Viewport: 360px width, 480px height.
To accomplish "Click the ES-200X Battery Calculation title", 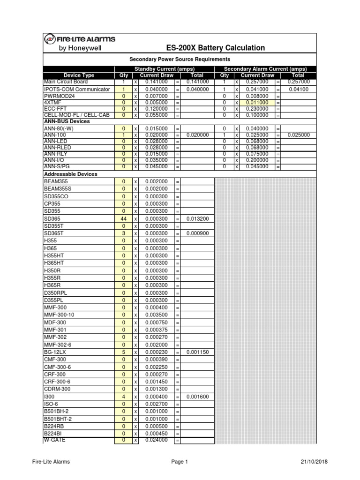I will [216, 48].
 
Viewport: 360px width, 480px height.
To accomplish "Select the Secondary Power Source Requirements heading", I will [180, 60].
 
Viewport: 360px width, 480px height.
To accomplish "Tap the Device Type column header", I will [79, 75].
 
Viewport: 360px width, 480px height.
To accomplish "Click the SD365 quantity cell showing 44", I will [124, 219].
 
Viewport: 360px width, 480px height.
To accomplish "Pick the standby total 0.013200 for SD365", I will [197, 219].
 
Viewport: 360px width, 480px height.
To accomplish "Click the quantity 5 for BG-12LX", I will [124, 352].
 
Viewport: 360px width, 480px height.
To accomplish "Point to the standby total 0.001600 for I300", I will [197, 397].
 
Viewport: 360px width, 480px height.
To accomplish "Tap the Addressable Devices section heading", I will [70, 174].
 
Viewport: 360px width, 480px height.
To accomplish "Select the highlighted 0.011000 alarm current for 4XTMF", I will [257, 102].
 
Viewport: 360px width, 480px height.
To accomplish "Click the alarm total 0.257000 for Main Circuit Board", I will [298, 82].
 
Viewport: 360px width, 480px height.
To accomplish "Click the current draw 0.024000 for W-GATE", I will [157, 440].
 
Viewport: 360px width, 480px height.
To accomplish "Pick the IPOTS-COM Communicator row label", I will [77, 89].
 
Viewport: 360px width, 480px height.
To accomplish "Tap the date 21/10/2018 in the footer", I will [314, 462].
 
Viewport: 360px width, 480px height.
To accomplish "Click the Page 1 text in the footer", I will [180, 462].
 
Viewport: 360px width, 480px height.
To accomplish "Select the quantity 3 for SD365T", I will [124, 233].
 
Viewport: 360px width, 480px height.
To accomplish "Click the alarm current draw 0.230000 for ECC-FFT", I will [257, 108].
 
